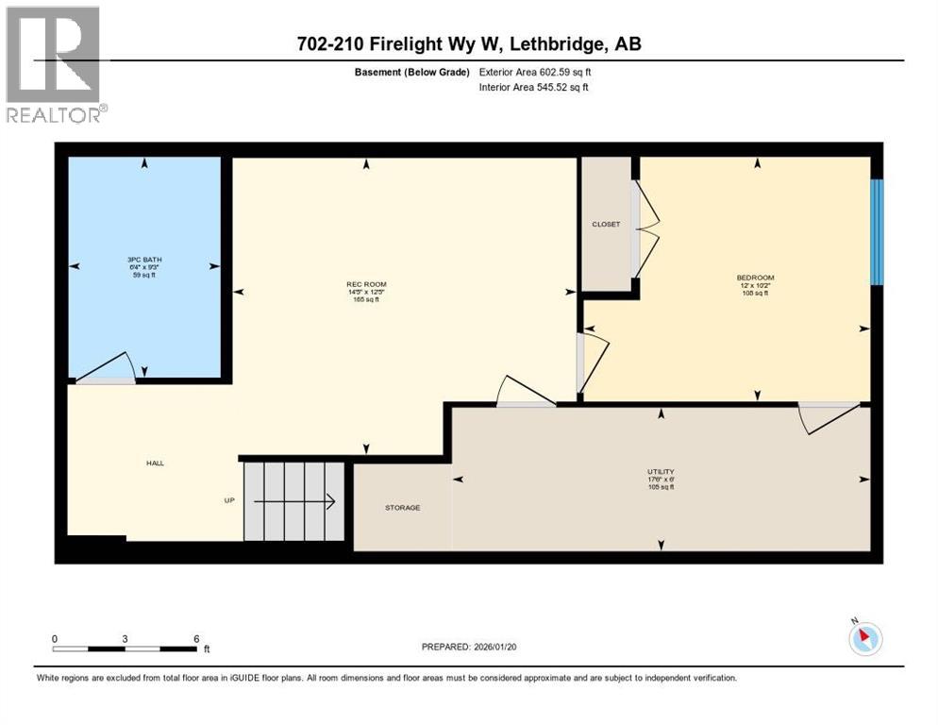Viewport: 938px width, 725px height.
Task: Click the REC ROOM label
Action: click(366, 284)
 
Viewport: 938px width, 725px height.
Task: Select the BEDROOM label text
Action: click(755, 278)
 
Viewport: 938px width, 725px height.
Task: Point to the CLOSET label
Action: click(606, 224)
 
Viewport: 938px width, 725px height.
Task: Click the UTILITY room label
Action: click(661, 471)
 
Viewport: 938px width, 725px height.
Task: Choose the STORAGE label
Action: click(402, 508)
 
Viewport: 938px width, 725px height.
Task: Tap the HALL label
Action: click(155, 463)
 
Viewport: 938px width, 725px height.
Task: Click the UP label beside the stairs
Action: click(228, 500)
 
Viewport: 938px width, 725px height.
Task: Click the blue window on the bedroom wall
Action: click(876, 231)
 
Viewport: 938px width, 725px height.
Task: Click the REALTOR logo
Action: click(54, 64)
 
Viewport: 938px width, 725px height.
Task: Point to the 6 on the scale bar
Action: click(195, 638)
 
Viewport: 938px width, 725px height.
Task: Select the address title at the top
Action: click(469, 44)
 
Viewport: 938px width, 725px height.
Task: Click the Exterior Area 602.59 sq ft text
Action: click(535, 72)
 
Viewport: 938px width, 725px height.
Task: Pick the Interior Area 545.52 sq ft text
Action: click(534, 88)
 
